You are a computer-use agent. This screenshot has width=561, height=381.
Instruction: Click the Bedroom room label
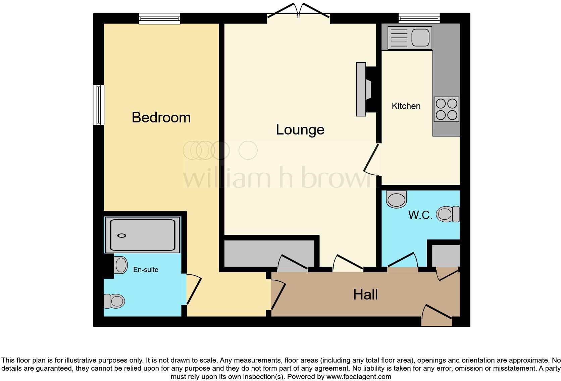pyautogui.click(x=161, y=117)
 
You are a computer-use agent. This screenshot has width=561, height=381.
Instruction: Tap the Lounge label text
pyautogui.click(x=300, y=129)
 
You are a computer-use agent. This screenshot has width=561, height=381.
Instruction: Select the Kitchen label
pyautogui.click(x=406, y=106)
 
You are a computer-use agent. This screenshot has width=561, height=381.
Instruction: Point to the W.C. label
pyautogui.click(x=420, y=215)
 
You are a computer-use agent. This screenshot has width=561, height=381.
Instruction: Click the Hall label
pyautogui.click(x=365, y=294)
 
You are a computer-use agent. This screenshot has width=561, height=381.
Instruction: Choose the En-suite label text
pyautogui.click(x=146, y=270)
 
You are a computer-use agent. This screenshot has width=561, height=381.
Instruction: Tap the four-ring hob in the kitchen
pyautogui.click(x=446, y=109)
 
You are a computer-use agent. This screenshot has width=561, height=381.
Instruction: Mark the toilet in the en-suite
pyautogui.click(x=114, y=301)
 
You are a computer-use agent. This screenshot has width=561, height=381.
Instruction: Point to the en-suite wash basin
pyautogui.click(x=120, y=265)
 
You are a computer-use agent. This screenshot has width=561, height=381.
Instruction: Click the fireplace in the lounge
pyautogui.click(x=364, y=89)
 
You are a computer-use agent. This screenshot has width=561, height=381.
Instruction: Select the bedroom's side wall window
pyautogui.click(x=99, y=105)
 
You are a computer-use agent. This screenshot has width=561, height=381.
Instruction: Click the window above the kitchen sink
pyautogui.click(x=419, y=18)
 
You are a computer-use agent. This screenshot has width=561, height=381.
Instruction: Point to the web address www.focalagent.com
pyautogui.click(x=358, y=377)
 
